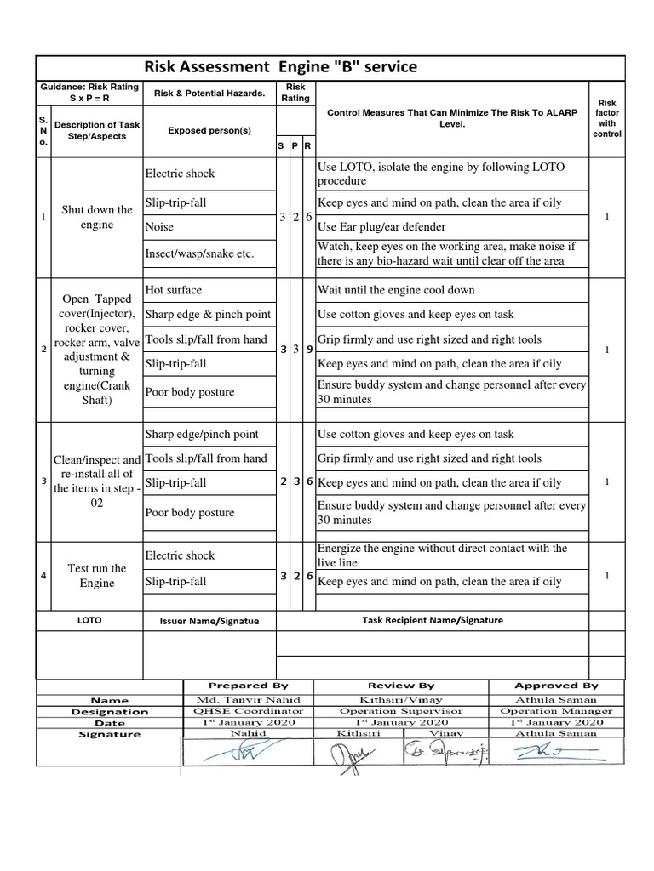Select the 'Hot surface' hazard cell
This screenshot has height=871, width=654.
(x=174, y=290)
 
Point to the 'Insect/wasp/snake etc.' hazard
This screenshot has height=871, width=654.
(x=199, y=253)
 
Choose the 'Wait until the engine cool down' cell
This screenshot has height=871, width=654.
(x=396, y=290)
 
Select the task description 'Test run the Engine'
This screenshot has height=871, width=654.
(x=97, y=576)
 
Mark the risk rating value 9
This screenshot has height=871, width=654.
(x=308, y=350)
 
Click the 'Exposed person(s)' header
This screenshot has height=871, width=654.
(x=209, y=130)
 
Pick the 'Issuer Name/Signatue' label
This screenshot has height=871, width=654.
(x=209, y=621)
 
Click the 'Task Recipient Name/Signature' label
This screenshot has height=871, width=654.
(x=433, y=620)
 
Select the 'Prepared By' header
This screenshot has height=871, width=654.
(x=248, y=686)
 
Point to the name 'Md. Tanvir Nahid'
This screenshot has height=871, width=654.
(x=248, y=699)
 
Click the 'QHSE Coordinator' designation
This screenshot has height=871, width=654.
(x=248, y=711)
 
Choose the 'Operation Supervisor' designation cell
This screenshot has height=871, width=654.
(x=401, y=711)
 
